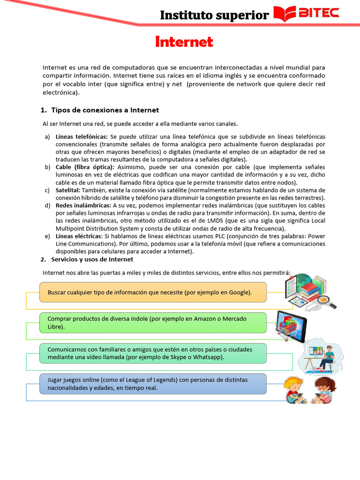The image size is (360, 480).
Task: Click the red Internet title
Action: tap(184, 42)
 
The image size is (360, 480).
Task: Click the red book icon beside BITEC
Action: tap(284, 14)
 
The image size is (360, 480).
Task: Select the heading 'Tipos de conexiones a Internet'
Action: tap(105, 110)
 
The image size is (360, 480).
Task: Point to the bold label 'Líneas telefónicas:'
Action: tap(82, 136)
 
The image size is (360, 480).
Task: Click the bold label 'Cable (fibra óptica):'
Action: tap(85, 167)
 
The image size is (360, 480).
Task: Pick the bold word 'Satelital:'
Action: tap(68, 190)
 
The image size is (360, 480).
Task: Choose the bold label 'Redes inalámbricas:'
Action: tap(83, 205)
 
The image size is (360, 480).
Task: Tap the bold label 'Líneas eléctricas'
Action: tap(78, 236)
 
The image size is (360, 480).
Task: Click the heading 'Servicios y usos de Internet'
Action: tap(92, 259)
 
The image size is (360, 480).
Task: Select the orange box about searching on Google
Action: tap(153, 292)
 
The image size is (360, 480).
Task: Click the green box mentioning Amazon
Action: tap(153, 322)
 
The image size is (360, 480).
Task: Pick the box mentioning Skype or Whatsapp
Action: tap(153, 353)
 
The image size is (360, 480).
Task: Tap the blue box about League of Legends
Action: tap(153, 383)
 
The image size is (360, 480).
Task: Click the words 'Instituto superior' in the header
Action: tap(214, 15)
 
